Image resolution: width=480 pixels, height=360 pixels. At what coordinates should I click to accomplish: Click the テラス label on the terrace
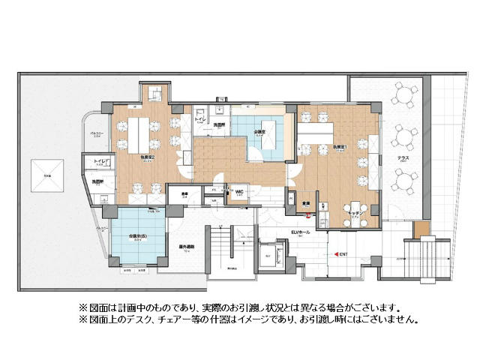[403, 158]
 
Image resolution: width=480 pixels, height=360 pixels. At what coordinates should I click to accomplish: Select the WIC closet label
[239, 192]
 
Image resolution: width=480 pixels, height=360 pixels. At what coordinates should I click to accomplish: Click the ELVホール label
[300, 232]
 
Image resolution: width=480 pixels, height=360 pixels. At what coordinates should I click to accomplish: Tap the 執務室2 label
[147, 159]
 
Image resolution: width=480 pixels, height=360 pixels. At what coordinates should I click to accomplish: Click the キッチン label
[355, 212]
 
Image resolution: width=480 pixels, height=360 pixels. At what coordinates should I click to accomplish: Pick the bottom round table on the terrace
[405, 180]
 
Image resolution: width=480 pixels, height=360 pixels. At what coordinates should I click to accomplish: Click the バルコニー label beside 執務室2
[96, 135]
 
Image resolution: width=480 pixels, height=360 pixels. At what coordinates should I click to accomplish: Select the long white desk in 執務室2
[136, 131]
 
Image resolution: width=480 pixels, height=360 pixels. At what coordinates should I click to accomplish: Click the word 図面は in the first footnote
[100, 308]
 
